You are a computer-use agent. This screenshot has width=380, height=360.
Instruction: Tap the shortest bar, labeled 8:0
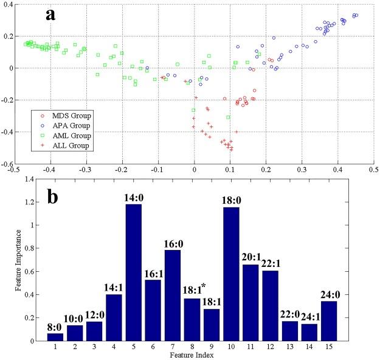click(x=55, y=337)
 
